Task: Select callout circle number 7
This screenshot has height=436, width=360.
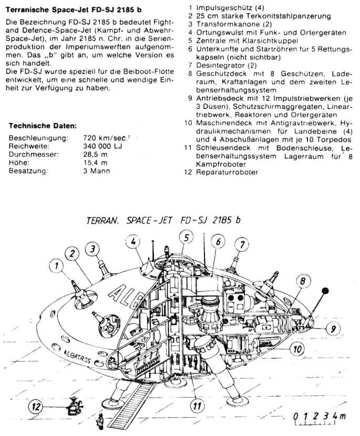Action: point(241,245)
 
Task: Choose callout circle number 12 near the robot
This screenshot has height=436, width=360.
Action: point(37,407)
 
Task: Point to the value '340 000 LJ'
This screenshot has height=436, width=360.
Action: point(103,146)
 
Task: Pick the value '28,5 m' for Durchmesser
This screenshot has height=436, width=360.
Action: point(95,155)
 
